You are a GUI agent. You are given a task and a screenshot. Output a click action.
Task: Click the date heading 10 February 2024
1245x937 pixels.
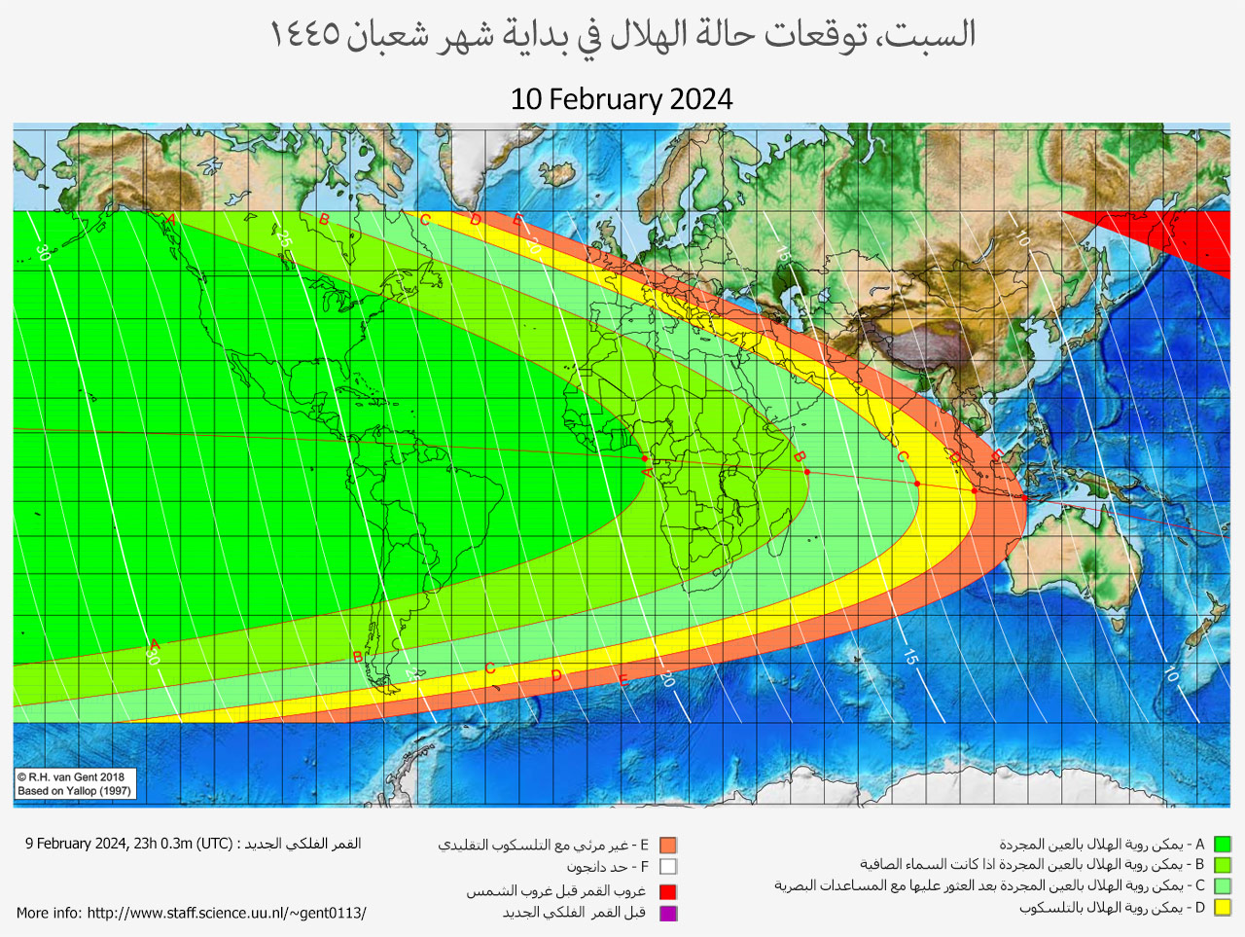pyautogui.click(x=622, y=99)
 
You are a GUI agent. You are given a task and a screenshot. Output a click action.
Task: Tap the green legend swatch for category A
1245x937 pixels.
pyautogui.click(x=1223, y=845)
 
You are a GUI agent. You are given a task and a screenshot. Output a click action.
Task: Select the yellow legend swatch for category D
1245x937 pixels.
pyautogui.click(x=1223, y=908)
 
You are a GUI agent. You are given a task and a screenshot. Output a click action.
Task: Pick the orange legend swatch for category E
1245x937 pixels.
pyautogui.click(x=667, y=846)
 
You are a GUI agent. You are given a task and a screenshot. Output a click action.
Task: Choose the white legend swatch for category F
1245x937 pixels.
pyautogui.click(x=667, y=867)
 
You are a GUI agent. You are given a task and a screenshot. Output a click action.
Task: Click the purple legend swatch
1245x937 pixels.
pyautogui.click(x=667, y=913)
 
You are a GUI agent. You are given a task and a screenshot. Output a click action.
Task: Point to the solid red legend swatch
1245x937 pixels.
pyautogui.click(x=667, y=891)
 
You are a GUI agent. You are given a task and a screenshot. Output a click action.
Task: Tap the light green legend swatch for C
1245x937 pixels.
pyautogui.click(x=1223, y=886)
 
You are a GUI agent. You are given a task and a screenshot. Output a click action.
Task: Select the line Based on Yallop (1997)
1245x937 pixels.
pyautogui.click(x=74, y=791)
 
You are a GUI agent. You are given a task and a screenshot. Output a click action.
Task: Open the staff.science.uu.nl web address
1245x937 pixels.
pyautogui.click(x=226, y=913)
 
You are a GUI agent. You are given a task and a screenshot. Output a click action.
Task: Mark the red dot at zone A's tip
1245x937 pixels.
pyautogui.click(x=645, y=458)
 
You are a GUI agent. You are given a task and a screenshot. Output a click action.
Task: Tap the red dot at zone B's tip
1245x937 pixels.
pyautogui.click(x=807, y=473)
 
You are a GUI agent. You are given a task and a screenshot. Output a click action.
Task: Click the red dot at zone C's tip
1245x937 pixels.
pyautogui.click(x=917, y=484)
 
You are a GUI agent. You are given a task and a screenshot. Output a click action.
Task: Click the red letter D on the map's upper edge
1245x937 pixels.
pyautogui.click(x=476, y=221)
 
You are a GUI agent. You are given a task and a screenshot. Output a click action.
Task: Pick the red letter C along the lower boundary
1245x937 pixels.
pyautogui.click(x=490, y=668)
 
